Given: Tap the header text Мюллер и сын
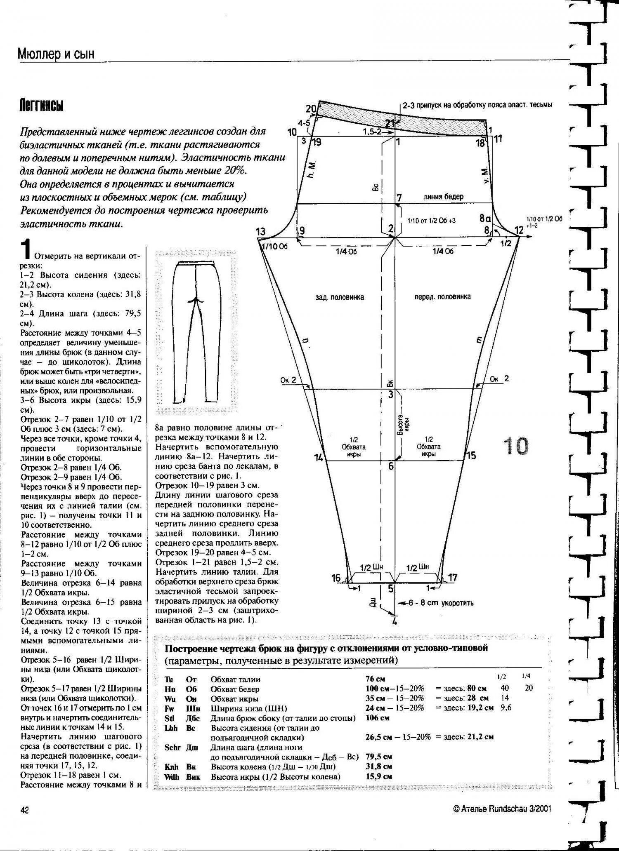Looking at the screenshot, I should (56, 54).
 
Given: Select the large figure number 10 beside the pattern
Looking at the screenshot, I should (515, 446).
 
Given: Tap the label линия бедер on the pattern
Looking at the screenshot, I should (443, 197).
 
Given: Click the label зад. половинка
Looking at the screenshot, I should (340, 297).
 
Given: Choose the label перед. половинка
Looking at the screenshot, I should (442, 296).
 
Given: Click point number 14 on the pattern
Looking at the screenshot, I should (319, 457).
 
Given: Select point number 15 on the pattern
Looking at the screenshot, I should (471, 455).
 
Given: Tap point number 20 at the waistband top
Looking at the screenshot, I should (311, 109).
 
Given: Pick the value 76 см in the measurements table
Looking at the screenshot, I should (375, 679).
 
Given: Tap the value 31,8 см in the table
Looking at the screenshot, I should (378, 766).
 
